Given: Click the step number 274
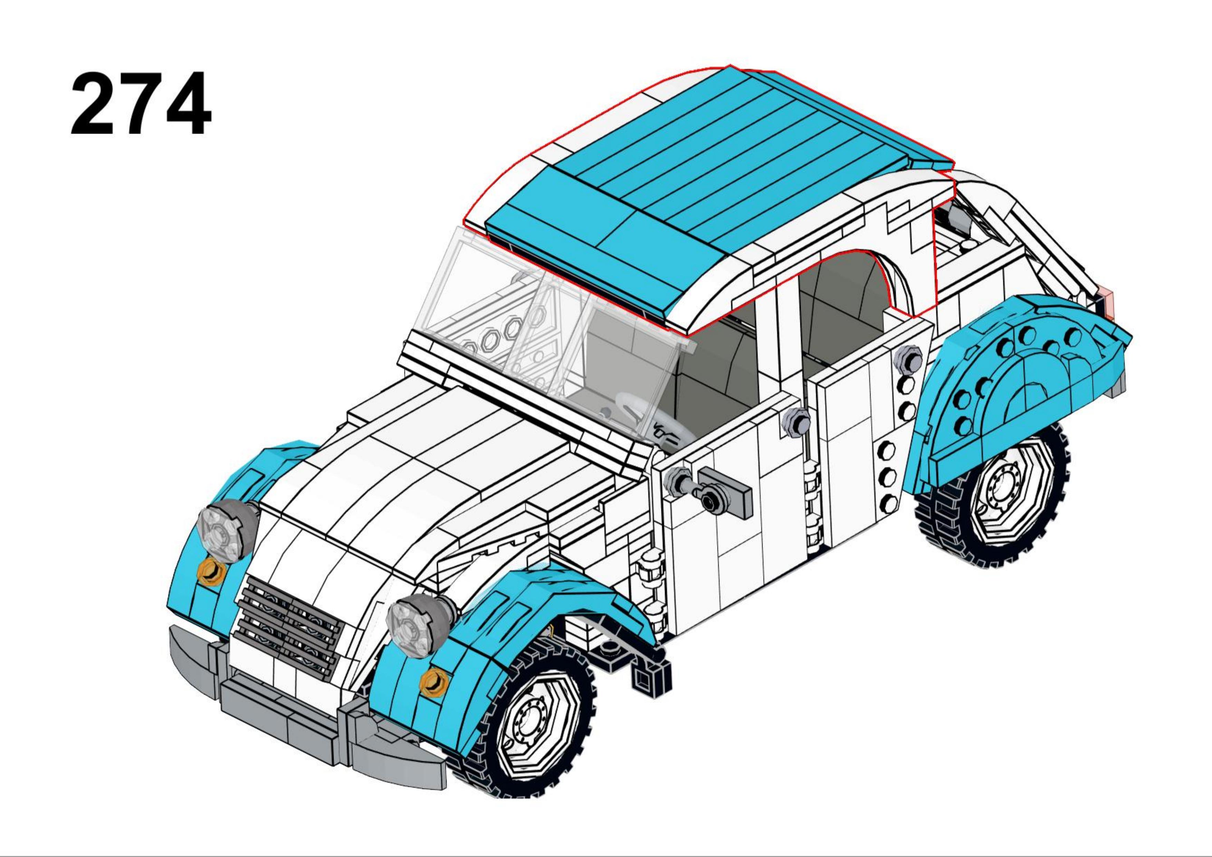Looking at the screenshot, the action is tap(141, 104).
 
